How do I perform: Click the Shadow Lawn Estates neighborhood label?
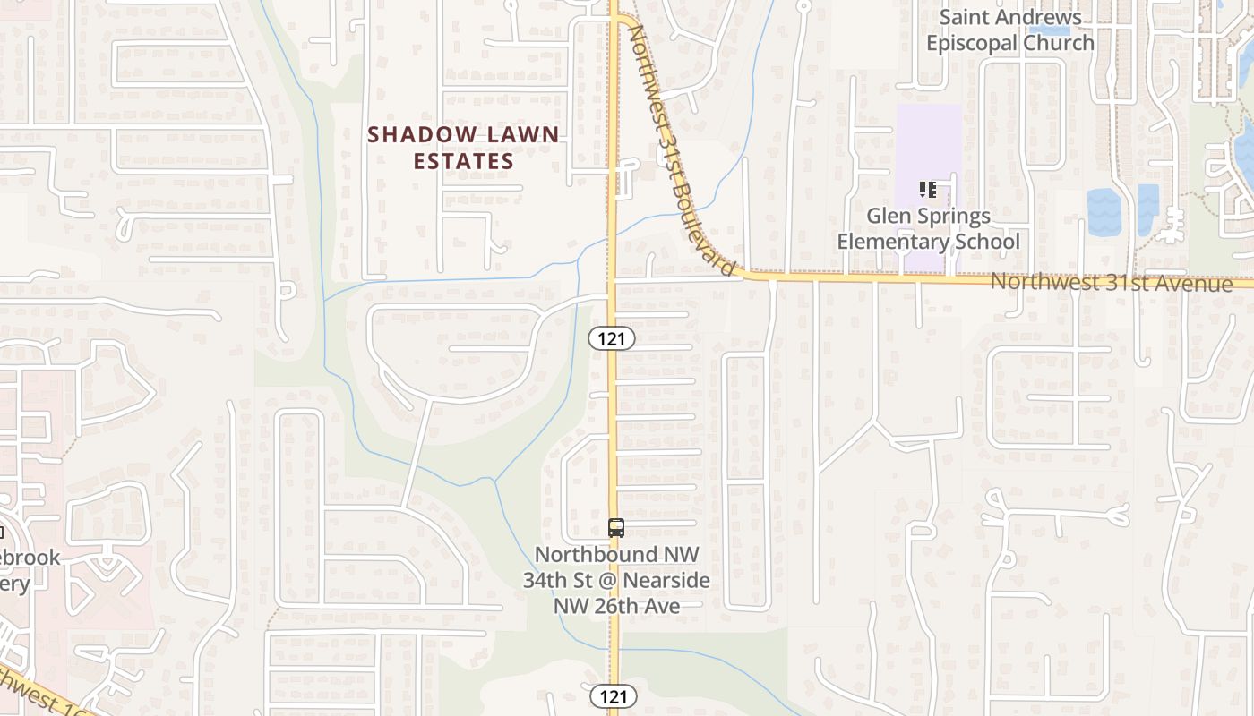pos(463,148)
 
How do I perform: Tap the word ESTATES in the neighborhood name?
pos(463,161)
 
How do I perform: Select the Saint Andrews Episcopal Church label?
pos(1010,30)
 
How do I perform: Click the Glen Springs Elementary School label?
pos(928,228)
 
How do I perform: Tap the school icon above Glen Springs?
pos(928,189)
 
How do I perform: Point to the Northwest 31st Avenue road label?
pos(1111,283)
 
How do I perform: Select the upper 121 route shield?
pos(612,338)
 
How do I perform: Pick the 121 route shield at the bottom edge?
pos(613,696)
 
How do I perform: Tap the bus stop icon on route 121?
pos(615,528)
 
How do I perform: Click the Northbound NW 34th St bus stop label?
pos(616,580)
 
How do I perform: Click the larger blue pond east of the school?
pos(1104,212)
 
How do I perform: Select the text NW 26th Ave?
pos(616,606)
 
